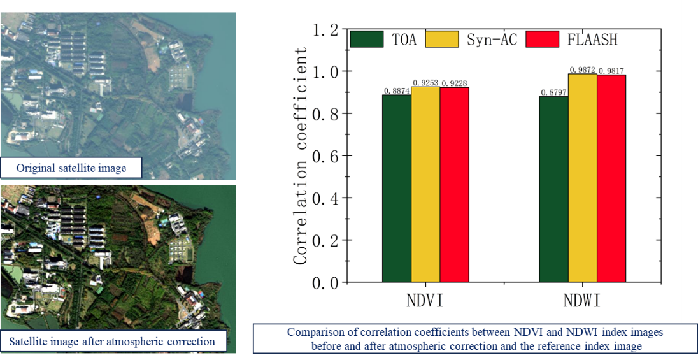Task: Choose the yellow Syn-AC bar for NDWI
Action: [x=582, y=178]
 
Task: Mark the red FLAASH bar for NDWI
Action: [x=611, y=178]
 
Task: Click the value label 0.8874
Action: [x=395, y=90]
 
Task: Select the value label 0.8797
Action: [x=553, y=92]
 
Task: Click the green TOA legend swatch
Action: [x=367, y=39]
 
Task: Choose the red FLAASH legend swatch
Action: [x=542, y=39]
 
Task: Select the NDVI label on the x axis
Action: [x=425, y=300]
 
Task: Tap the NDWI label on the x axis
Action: [x=582, y=300]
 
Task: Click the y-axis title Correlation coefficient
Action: [x=300, y=155]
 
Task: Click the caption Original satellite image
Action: [x=71, y=168]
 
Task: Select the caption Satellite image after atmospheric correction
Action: [x=112, y=341]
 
